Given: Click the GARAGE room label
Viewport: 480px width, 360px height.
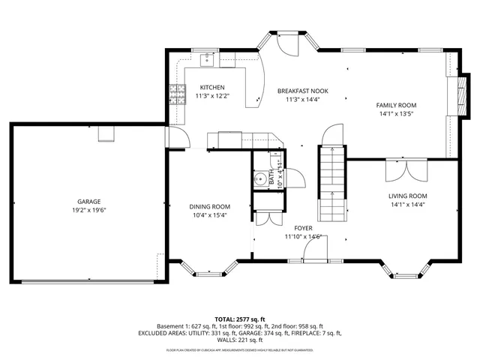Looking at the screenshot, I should click(88, 201).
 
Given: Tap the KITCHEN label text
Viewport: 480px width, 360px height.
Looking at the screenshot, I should click(212, 87).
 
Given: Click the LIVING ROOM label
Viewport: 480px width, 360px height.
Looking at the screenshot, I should click(407, 196).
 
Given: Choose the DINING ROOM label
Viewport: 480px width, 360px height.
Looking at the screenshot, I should click(211, 206).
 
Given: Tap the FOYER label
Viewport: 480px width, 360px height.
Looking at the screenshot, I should click(303, 227).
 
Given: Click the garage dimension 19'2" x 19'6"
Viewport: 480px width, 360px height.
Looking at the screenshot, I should click(88, 211).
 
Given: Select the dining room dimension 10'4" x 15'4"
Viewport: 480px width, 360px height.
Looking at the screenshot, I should click(211, 215).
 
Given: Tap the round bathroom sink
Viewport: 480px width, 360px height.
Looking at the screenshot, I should click(259, 178).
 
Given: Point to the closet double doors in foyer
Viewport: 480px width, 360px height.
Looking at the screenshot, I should click(262, 217).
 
